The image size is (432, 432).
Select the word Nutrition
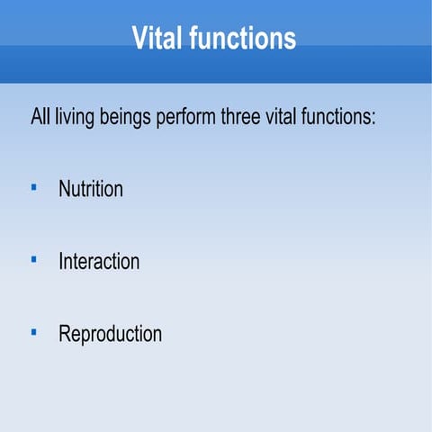pyautogui.click(x=90, y=190)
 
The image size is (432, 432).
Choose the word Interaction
pyautogui.click(x=99, y=262)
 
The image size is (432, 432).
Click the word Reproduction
pyautogui.click(x=110, y=334)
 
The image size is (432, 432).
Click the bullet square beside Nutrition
pyautogui.click(x=33, y=188)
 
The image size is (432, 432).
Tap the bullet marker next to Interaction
pyautogui.click(x=33, y=260)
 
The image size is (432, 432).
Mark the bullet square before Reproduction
pyautogui.click(x=33, y=332)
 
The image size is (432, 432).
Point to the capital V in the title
pyautogui.click(x=139, y=39)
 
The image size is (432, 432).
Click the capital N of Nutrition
pyautogui.click(x=65, y=190)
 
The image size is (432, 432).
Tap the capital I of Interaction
pyautogui.click(x=61, y=262)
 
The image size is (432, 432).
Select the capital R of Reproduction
pyautogui.click(x=65, y=334)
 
